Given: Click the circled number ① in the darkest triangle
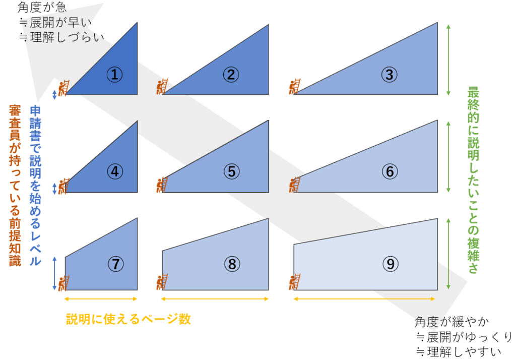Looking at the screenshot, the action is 114,75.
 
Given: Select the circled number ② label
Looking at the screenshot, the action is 231,75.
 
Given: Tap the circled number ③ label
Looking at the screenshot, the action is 390,75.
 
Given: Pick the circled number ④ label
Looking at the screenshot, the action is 115,171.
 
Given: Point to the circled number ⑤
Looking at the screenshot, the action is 232,171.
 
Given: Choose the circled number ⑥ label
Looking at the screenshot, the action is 390,171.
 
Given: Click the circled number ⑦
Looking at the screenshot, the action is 115,264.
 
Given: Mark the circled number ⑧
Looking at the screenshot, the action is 232,264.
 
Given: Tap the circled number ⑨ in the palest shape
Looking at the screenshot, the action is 391,264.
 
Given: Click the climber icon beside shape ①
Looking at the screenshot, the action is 64,88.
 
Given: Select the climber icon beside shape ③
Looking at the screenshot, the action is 295,87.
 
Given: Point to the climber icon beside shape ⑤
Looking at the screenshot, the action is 162,185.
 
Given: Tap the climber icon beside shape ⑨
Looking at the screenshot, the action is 295,282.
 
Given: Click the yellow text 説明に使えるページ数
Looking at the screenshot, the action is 128,319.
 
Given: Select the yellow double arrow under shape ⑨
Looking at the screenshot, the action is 364,298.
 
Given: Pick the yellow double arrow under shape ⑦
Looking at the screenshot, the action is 101,298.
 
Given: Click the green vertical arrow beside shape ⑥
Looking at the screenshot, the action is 448,156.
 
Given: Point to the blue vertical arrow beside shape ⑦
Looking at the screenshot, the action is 54,274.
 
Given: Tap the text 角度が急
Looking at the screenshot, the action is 42,7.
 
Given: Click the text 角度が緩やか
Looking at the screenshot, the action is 452,322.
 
